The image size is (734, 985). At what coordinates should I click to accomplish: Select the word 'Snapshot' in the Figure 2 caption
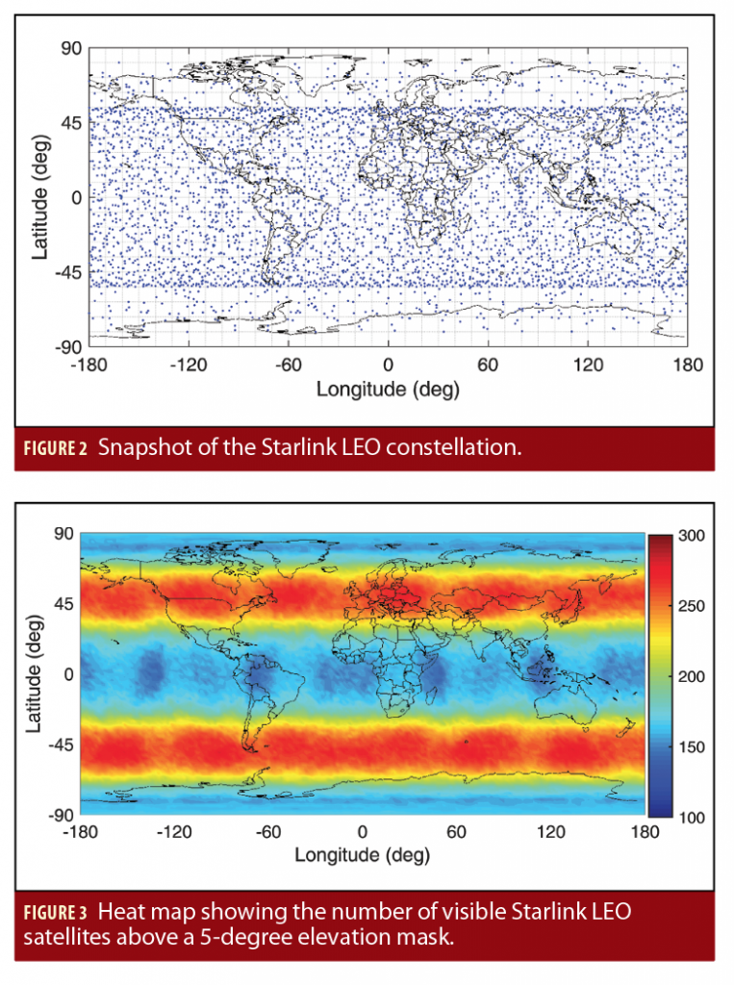[x=142, y=448]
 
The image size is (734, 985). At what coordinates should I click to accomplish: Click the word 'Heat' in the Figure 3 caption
[x=121, y=911]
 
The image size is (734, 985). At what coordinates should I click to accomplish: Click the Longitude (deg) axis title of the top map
[x=388, y=390]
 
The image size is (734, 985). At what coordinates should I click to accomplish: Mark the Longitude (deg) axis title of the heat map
[x=362, y=854]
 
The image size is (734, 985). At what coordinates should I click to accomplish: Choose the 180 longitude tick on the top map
[x=689, y=366]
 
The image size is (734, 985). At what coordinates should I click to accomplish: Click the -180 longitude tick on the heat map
[x=80, y=830]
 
